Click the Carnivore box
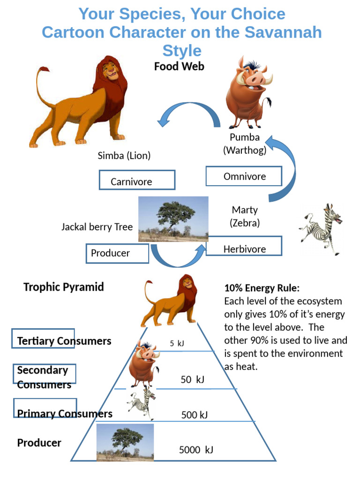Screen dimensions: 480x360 [137, 180]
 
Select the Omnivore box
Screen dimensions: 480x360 [244, 176]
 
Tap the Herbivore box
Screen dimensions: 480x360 [244, 247]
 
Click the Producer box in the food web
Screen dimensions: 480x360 [117, 254]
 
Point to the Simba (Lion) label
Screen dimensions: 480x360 [124, 156]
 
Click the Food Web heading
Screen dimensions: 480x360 [179, 67]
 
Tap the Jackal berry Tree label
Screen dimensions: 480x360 [97, 227]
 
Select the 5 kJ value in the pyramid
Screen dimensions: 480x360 [177, 343]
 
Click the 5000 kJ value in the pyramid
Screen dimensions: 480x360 [196, 450]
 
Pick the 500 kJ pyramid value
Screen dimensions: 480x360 [194, 415]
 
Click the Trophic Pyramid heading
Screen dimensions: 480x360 [64, 287]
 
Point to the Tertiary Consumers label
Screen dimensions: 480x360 [64, 341]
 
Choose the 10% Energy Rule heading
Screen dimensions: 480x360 [262, 288]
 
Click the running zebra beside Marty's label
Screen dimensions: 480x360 [322, 228]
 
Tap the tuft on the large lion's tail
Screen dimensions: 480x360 [45, 70]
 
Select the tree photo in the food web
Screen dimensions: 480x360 [173, 219]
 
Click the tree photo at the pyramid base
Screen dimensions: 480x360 [125, 442]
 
